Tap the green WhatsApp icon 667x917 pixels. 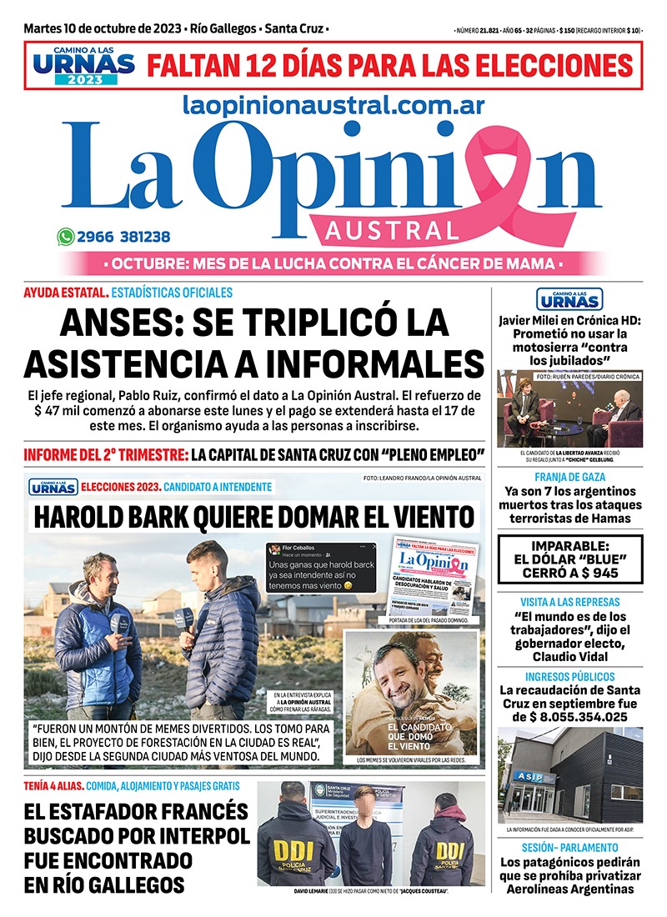click(66, 237)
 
